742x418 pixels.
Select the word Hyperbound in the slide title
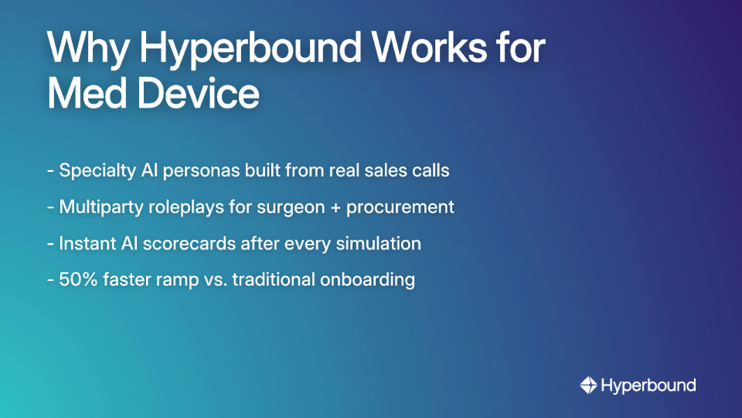pyautogui.click(x=250, y=50)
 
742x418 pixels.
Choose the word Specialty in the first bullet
pyautogui.click(x=96, y=170)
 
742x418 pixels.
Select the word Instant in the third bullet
pyautogui.click(x=86, y=243)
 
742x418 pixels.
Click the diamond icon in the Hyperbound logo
pyautogui.click(x=588, y=385)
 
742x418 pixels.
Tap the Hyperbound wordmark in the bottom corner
pyautogui.click(x=648, y=385)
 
